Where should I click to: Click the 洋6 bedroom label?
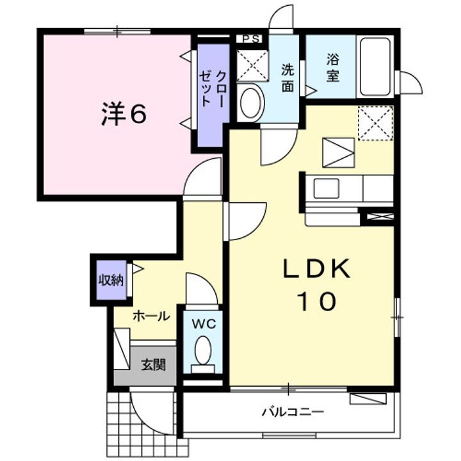click(x=124, y=114)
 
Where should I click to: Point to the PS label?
click(x=250, y=38)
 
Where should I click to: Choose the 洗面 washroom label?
click(x=287, y=76)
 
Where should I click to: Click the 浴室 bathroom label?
click(x=332, y=68)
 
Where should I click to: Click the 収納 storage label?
click(x=110, y=280)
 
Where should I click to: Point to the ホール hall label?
click(x=151, y=316)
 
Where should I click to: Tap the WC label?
click(x=203, y=323)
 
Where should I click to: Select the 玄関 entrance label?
click(x=153, y=366)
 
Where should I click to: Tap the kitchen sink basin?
click(x=325, y=189)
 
